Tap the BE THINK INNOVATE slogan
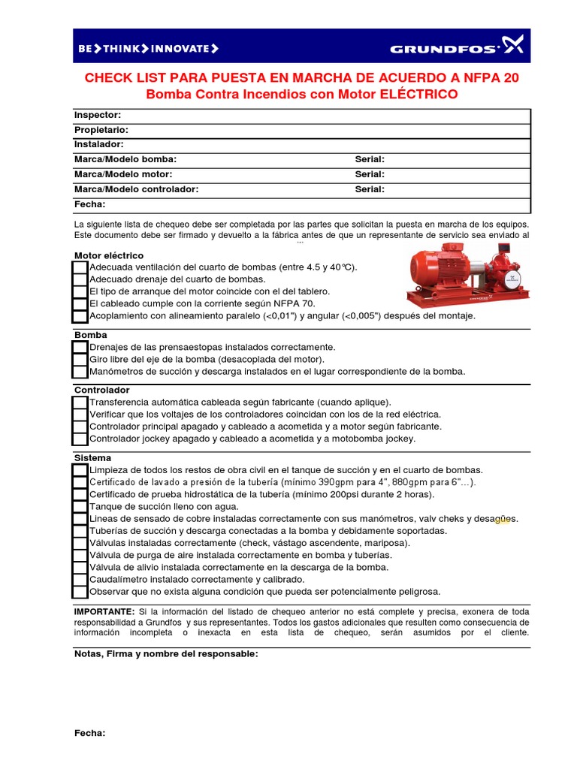148,49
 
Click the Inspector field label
97,115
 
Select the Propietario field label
101,130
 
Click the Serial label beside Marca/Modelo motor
370,174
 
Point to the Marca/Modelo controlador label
136,189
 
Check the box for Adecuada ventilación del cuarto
80,268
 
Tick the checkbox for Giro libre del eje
80,360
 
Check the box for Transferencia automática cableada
80,403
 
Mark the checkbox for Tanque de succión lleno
80,507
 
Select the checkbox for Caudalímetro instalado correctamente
80,580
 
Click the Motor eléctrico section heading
108,255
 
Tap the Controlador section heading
101,391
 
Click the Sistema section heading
92,457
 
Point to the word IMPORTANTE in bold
104,612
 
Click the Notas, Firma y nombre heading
166,654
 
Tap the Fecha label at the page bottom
89,733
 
